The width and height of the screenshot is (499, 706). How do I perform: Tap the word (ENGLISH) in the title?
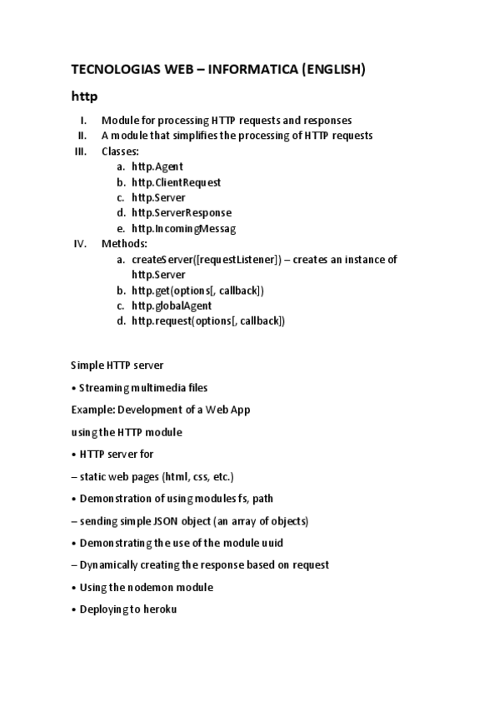[332, 70]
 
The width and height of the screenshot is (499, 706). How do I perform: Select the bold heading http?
[84, 97]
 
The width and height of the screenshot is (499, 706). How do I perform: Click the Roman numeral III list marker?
[81, 151]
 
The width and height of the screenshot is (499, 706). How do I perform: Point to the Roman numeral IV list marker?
[81, 244]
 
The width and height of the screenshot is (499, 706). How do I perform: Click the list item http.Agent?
[157, 167]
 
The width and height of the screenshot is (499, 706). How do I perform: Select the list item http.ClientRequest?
[177, 182]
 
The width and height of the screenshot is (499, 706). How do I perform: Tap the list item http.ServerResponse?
[182, 213]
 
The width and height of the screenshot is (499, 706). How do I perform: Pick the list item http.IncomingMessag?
[183, 229]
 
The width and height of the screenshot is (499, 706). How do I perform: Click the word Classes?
[120, 151]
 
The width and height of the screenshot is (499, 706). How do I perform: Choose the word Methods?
[124, 244]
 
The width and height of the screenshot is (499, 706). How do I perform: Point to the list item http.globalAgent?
[172, 306]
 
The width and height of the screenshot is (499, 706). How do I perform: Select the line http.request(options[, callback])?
[208, 321]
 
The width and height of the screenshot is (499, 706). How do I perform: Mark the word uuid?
[272, 543]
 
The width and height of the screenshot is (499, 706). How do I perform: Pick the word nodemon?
[157, 587]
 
